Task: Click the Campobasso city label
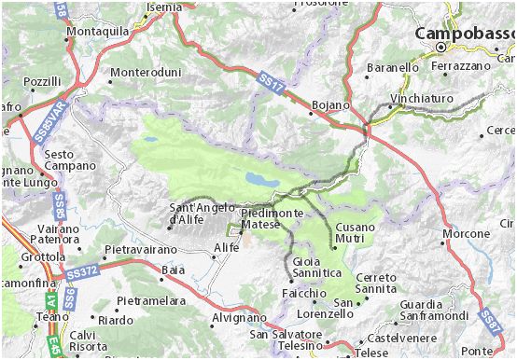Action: (x=465, y=33)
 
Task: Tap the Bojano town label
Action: (x=329, y=104)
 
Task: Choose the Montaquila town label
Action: (x=98, y=31)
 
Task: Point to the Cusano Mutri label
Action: (x=355, y=232)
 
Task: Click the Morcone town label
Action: (x=466, y=232)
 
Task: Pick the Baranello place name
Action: (x=393, y=68)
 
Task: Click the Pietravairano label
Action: (x=141, y=250)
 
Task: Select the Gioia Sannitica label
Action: (x=316, y=267)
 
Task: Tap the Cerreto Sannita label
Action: (x=375, y=284)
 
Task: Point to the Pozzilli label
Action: (x=42, y=83)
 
